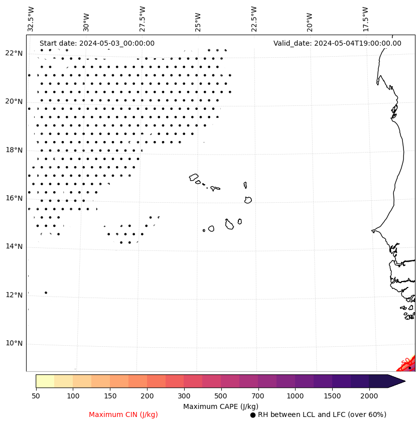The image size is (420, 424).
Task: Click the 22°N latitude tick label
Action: click(x=15, y=53)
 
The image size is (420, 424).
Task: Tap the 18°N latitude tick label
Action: click(x=15, y=150)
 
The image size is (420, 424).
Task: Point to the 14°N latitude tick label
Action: click(x=15, y=246)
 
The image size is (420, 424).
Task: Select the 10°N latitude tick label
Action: click(x=15, y=343)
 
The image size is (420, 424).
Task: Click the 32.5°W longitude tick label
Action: click(x=31, y=19)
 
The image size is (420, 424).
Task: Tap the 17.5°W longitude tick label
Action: click(x=365, y=19)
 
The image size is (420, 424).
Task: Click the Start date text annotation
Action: click(x=97, y=43)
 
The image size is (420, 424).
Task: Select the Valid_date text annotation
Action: click(x=337, y=43)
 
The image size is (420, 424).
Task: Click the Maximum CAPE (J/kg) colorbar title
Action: click(x=220, y=406)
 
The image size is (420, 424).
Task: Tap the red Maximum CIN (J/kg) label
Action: click(x=123, y=414)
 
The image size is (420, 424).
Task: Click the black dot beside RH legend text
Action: click(x=253, y=415)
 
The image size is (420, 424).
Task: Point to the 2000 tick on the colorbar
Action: click(x=369, y=396)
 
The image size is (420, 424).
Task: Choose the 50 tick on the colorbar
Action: click(x=36, y=396)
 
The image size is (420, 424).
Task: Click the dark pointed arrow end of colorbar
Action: click(x=396, y=381)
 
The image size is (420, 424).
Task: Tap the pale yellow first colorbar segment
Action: click(x=45, y=381)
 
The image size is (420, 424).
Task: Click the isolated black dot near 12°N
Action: click(x=46, y=293)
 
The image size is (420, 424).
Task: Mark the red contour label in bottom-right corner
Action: click(x=406, y=362)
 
